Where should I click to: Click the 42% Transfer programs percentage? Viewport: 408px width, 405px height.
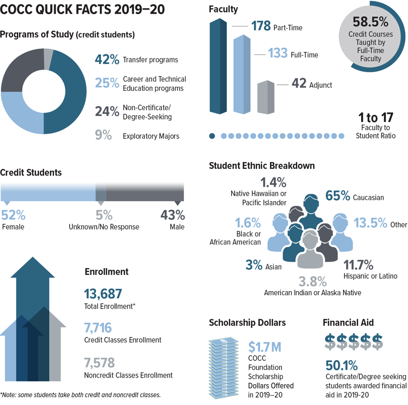coord(107,59)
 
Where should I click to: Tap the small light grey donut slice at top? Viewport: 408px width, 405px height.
coord(48,59)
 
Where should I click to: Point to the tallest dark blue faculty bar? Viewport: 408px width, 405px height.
coord(218,66)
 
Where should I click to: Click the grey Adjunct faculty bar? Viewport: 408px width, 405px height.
coord(266,97)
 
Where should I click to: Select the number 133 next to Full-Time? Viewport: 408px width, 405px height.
coord(278,53)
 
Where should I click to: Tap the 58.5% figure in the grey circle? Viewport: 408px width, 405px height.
coord(370,22)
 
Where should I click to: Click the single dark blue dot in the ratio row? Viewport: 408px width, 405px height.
coord(212,136)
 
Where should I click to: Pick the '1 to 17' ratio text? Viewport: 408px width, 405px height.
coord(376,118)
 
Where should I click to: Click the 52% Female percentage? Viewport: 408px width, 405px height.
coord(13,215)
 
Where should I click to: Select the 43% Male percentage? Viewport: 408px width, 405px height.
coord(172,215)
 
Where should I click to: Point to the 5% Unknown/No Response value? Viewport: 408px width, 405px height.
coord(104,215)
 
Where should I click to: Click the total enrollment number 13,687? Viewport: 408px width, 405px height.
coord(103,294)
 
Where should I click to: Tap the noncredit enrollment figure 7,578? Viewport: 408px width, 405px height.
coord(99,363)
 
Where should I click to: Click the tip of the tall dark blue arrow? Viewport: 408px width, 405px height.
coord(33,257)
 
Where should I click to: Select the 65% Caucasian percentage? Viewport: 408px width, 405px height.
coord(338,196)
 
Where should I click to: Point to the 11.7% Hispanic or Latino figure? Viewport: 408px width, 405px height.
coord(358,265)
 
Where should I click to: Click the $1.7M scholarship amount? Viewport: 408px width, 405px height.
coord(265,347)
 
